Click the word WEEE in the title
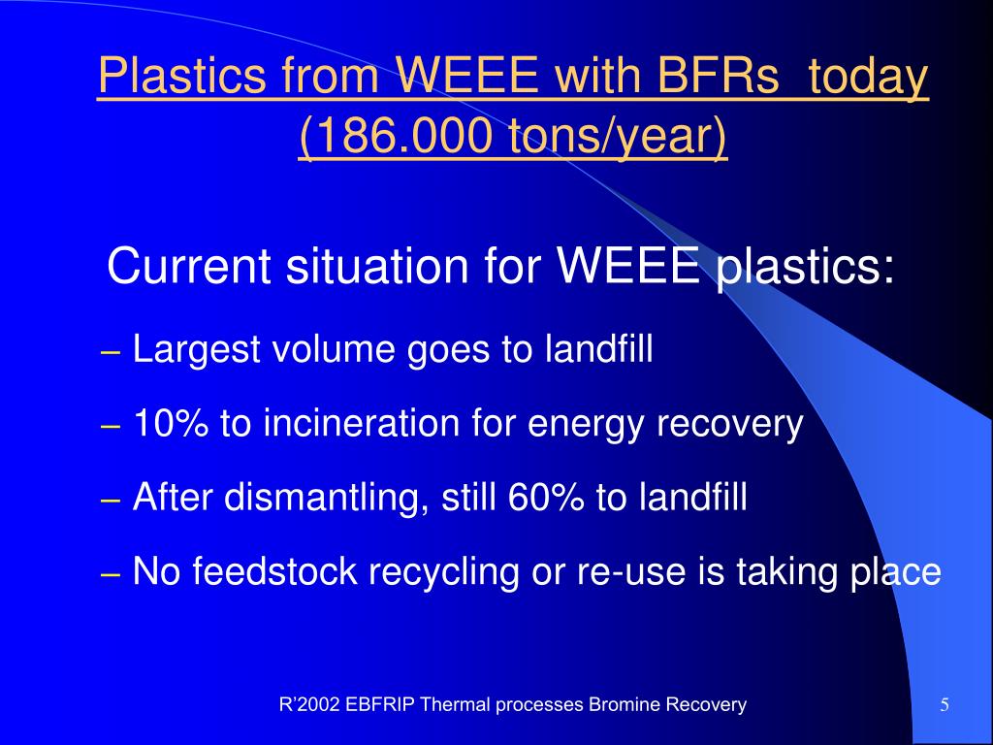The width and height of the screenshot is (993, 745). click(469, 75)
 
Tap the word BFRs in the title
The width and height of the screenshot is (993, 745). click(718, 75)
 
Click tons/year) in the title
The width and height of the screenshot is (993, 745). click(618, 136)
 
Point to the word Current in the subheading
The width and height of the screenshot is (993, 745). click(190, 266)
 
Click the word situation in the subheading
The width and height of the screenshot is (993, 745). click(378, 266)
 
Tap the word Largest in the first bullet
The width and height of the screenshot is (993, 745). click(197, 349)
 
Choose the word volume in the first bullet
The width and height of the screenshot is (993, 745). click(334, 349)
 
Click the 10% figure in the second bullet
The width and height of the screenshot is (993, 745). click(171, 423)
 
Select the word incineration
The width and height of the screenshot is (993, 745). click(362, 423)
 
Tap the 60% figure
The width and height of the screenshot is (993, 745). click(545, 497)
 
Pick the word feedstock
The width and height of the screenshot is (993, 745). click(274, 570)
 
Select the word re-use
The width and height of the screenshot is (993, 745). click(631, 572)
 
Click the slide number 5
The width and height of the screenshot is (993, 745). click(945, 705)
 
